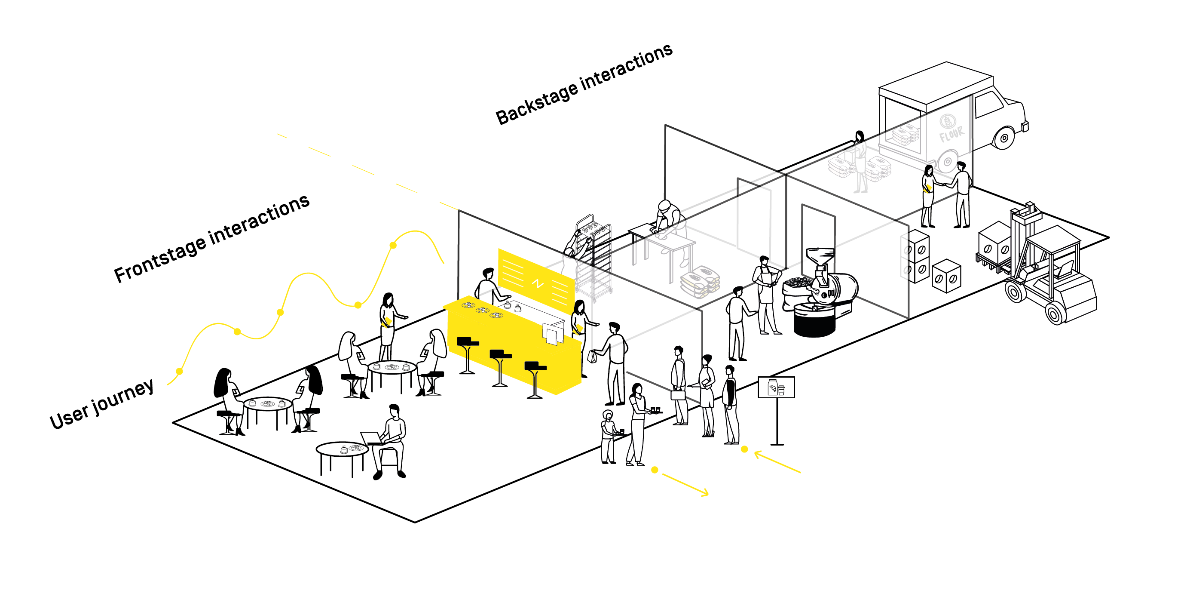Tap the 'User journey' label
point(101,404)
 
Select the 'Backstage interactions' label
point(584,84)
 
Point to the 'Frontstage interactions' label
point(211,238)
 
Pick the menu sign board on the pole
point(776,387)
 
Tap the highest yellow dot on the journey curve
point(393,245)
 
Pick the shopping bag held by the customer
point(593,357)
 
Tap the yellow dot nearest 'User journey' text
point(179,371)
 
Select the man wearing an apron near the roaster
point(766,295)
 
